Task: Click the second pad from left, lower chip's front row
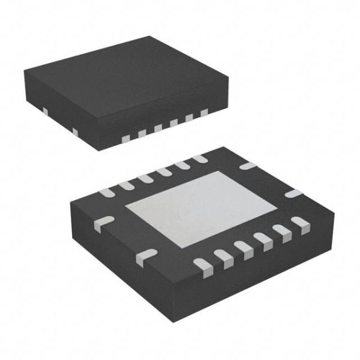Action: (x=223, y=256)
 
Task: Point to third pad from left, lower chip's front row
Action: (x=243, y=247)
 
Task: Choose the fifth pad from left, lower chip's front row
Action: (x=280, y=230)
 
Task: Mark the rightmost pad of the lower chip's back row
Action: (x=198, y=158)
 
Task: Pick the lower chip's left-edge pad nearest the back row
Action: (x=103, y=222)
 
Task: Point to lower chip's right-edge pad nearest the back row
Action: (x=247, y=164)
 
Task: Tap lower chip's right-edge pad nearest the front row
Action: (x=292, y=194)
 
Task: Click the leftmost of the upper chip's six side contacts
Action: (x=125, y=139)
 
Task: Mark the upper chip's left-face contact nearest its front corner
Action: (x=75, y=131)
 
